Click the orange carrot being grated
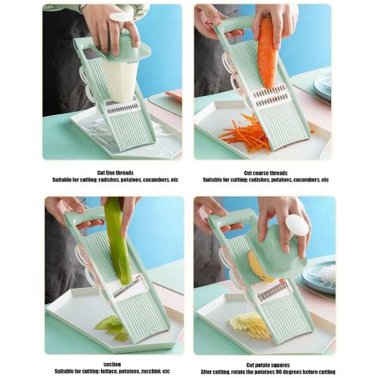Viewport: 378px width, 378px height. pyautogui.click(x=267, y=53)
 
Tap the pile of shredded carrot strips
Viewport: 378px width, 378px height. pyautogui.click(x=244, y=135)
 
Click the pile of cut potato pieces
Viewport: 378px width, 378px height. pyautogui.click(x=249, y=325)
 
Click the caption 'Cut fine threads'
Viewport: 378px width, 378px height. pyautogui.click(x=115, y=173)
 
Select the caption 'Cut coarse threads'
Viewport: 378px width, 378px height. pyautogui.click(x=265, y=173)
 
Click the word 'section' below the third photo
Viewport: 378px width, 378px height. pyautogui.click(x=112, y=364)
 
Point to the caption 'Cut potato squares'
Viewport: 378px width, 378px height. pyautogui.click(x=268, y=365)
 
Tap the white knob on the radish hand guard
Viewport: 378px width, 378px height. pyautogui.click(x=120, y=17)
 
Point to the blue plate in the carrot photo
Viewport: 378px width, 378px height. pyautogui.click(x=323, y=85)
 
